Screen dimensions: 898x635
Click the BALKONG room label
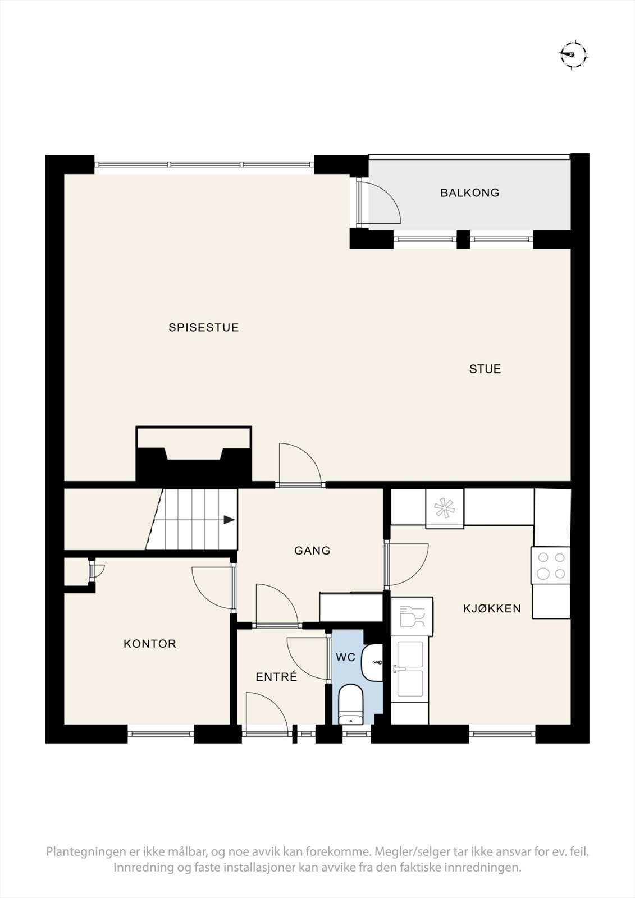tap(469, 193)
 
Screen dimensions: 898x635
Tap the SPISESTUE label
tap(204, 328)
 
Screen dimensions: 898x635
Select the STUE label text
tap(485, 369)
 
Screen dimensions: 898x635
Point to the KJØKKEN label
tap(492, 608)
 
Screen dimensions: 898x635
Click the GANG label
tap(312, 551)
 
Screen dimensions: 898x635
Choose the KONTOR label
tap(150, 644)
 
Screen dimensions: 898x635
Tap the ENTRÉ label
tap(276, 677)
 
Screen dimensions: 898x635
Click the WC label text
tap(345, 657)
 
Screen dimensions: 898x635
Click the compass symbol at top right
tap(573, 54)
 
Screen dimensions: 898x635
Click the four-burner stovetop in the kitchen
tap(550, 565)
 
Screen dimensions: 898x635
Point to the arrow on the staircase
tap(229, 520)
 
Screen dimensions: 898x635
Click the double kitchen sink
tap(410, 669)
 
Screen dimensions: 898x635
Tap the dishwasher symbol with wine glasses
tap(412, 617)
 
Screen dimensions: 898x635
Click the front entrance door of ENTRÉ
tap(267, 712)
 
